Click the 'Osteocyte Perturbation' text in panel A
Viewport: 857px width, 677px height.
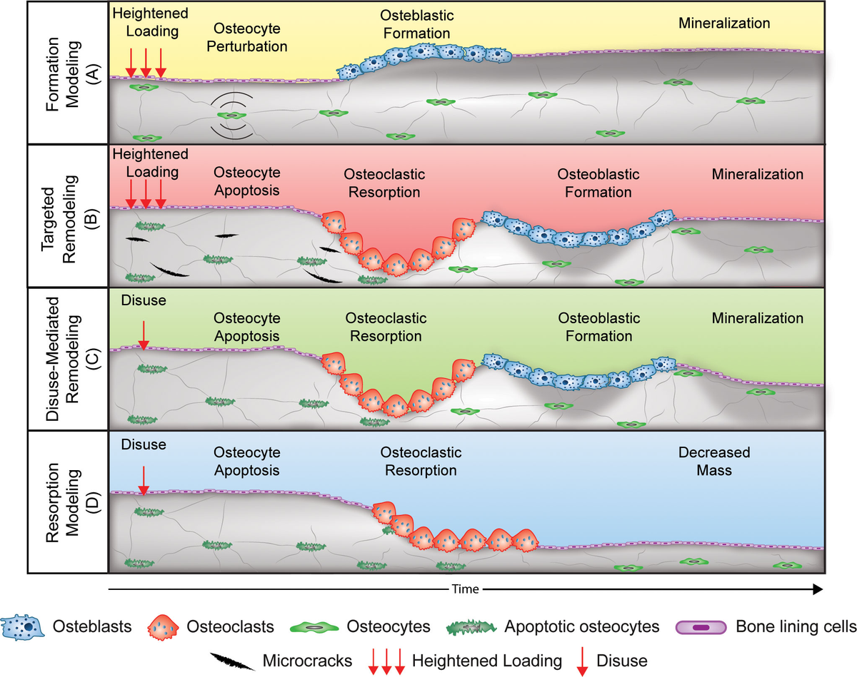coord(250,37)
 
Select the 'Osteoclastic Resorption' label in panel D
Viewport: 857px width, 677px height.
coord(421,462)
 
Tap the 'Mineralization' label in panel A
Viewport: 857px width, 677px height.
coord(724,23)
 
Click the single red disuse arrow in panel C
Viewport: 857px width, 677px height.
coord(144,334)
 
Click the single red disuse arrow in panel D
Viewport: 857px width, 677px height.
coord(144,479)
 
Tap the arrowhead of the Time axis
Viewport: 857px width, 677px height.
coord(816,589)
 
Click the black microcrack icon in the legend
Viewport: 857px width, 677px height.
coord(233,661)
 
